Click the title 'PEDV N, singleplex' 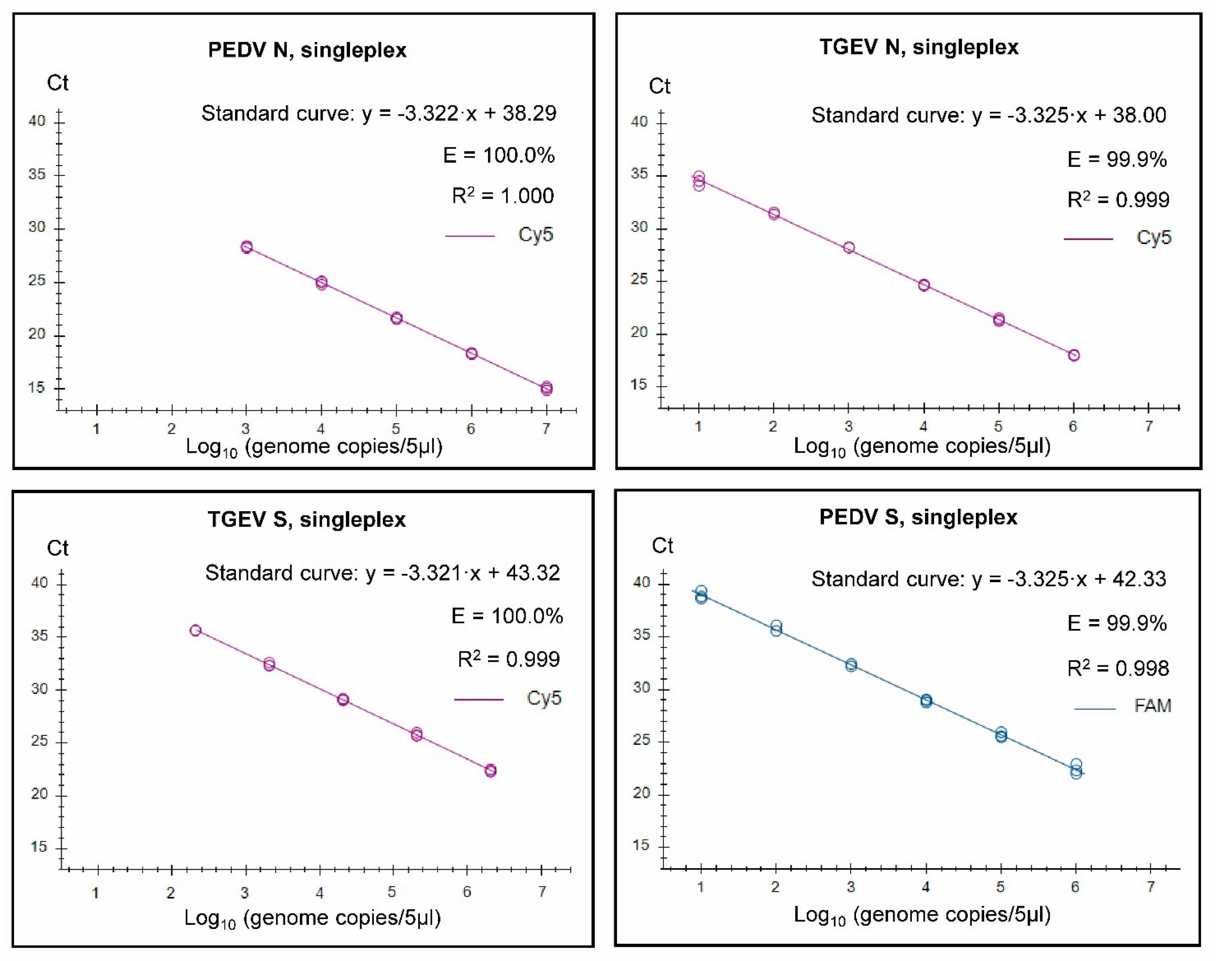pos(307,50)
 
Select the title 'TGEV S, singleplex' pos(307,519)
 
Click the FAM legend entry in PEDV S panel pos(1152,706)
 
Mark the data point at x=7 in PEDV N pos(546,388)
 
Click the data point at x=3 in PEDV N pos(246,247)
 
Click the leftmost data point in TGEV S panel pos(195,630)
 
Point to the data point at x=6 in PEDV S pos(1075,769)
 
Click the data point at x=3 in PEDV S pos(851,665)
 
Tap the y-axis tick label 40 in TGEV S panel pos(39,582)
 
